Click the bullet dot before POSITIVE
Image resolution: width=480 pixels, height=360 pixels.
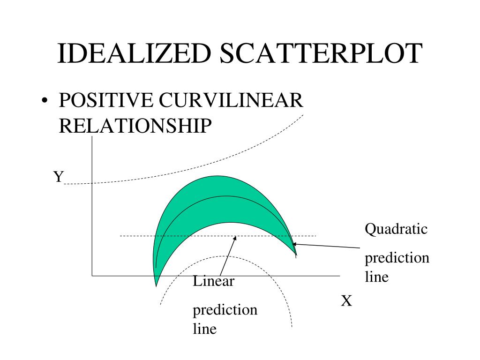point(45,102)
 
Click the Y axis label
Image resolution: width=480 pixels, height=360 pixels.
point(58,177)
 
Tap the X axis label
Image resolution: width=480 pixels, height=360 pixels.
point(346,301)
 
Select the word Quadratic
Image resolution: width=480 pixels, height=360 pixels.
point(396,229)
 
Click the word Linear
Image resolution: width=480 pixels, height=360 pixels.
point(213,281)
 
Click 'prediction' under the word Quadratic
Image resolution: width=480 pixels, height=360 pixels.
point(397,258)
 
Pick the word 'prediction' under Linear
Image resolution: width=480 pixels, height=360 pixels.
point(225,310)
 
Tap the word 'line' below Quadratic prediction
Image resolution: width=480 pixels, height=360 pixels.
point(377,277)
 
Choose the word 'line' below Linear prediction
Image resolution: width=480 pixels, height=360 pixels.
point(205,329)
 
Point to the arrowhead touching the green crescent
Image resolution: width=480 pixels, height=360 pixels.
point(294,244)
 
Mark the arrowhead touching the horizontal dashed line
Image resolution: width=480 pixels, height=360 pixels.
point(234,238)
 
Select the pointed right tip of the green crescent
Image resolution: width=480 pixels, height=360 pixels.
point(296,255)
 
